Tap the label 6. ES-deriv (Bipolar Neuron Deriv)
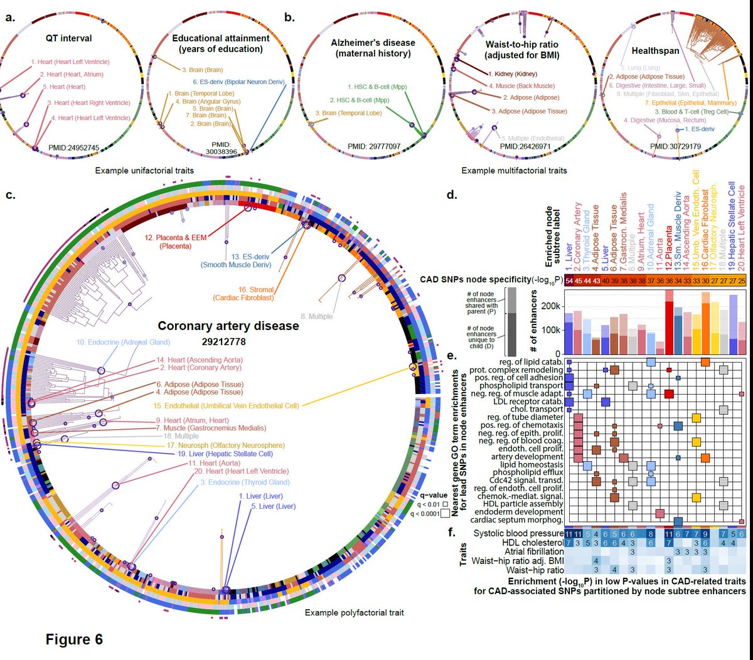pos(239,82)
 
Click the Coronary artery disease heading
pos(228,326)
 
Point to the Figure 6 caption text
pos(74,639)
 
